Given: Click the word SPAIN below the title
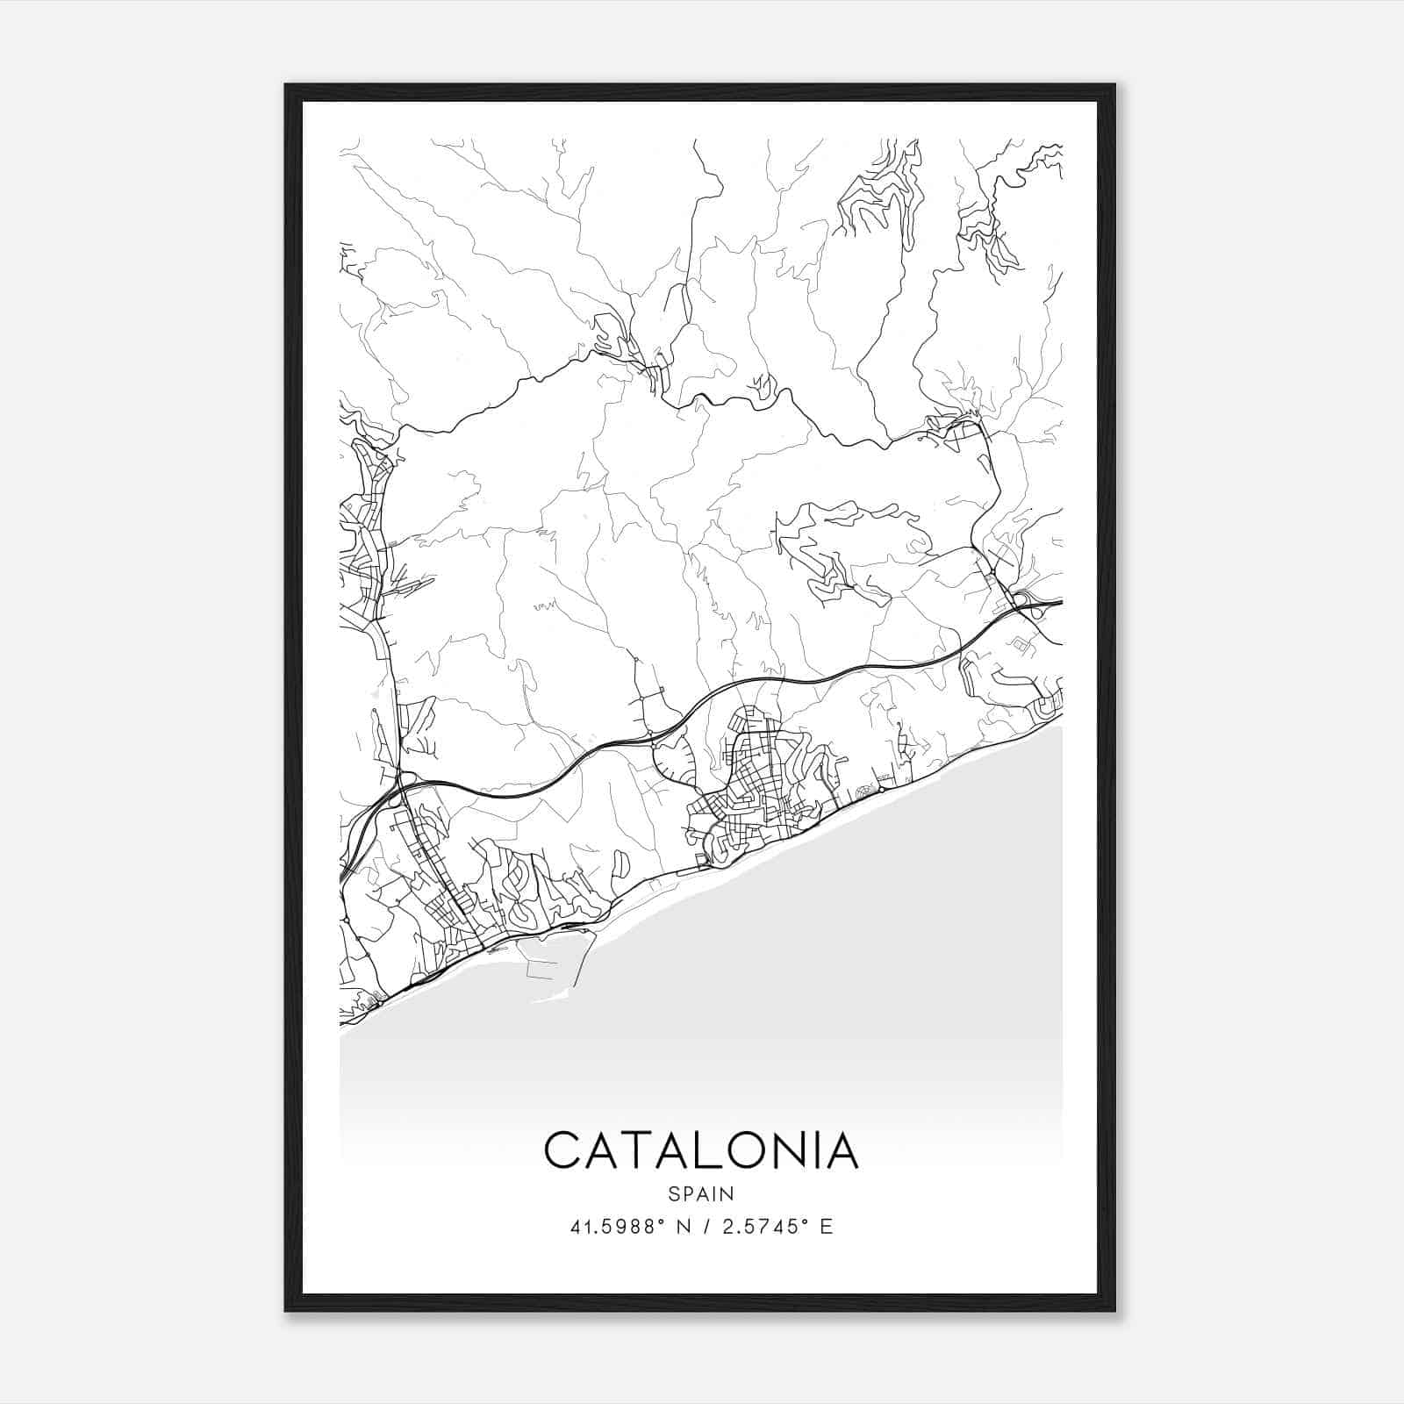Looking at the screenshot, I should tap(700, 1193).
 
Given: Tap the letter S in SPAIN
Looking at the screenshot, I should tap(673, 1193).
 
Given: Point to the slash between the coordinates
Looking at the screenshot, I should tap(704, 1227).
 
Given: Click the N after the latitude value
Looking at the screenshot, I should tap(680, 1227).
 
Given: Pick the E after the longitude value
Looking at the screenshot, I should tap(826, 1227).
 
